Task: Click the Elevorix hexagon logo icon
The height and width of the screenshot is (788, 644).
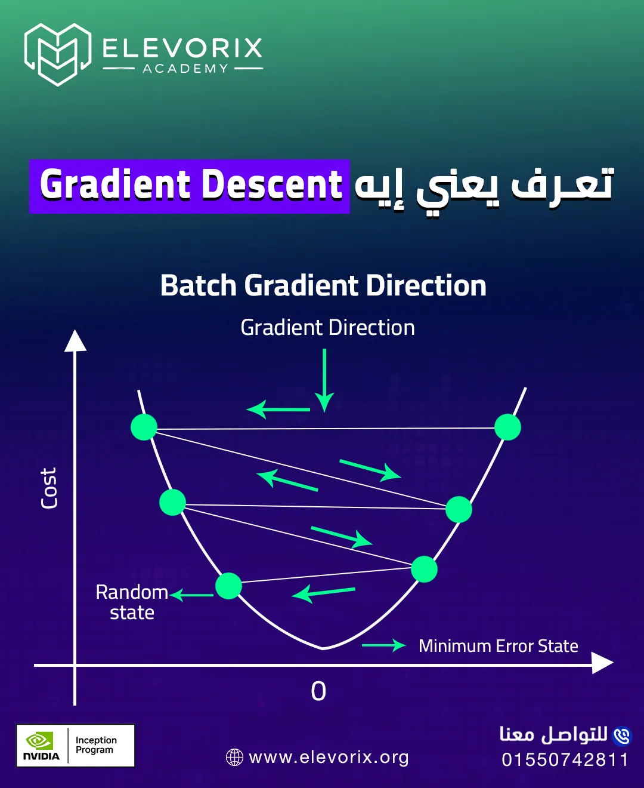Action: click(x=58, y=54)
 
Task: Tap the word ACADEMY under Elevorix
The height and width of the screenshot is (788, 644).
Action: click(x=185, y=69)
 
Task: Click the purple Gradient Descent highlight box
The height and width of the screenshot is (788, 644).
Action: click(x=190, y=186)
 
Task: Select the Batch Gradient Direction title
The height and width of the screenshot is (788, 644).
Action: click(x=323, y=285)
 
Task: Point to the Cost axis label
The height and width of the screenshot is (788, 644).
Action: click(x=48, y=488)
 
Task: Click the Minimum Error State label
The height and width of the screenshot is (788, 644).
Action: click(x=499, y=646)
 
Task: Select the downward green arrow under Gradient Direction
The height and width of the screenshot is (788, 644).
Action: click(x=324, y=380)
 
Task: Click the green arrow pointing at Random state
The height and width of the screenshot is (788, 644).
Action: click(x=191, y=595)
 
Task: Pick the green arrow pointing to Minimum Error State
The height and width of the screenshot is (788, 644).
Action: click(x=384, y=645)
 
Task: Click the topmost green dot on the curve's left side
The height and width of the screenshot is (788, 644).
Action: click(x=144, y=427)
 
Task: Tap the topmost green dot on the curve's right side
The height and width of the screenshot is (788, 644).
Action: click(x=507, y=427)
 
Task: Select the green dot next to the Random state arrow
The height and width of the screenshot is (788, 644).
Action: click(x=228, y=586)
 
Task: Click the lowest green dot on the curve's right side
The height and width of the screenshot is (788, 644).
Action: click(x=424, y=569)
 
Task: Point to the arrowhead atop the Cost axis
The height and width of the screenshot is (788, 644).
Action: click(x=75, y=341)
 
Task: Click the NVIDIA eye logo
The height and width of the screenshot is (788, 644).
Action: click(x=39, y=740)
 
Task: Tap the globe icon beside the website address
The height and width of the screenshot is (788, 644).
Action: click(x=234, y=758)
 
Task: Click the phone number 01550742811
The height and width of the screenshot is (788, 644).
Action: click(x=565, y=759)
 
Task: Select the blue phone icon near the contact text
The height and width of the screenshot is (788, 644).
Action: click(x=621, y=735)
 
